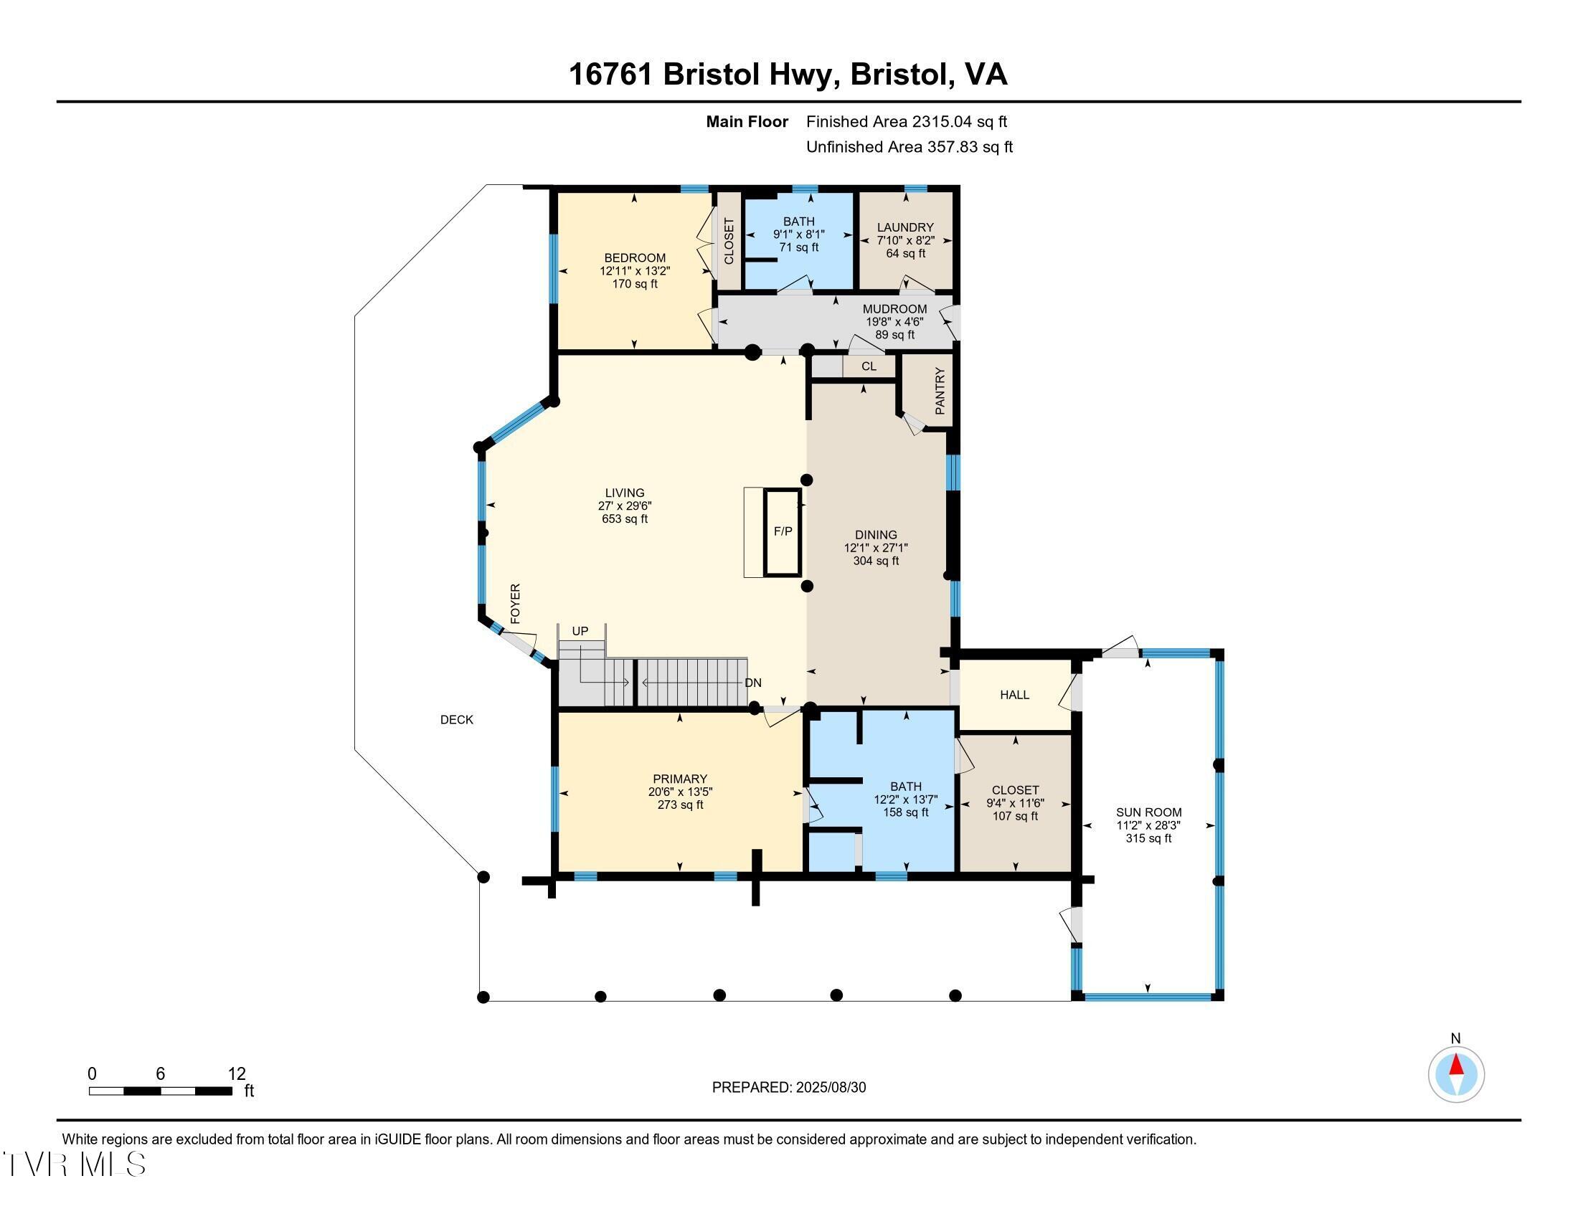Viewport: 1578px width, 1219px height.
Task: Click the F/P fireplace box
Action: pos(783,531)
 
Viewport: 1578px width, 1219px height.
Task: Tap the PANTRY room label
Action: pos(940,391)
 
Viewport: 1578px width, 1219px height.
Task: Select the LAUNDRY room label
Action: pos(904,227)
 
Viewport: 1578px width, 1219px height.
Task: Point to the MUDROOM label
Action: pos(894,308)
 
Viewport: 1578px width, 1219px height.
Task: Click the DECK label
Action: pos(457,719)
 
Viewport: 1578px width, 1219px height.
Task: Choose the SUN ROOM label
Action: pos(1149,812)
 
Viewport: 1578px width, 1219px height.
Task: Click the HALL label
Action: pos(1014,695)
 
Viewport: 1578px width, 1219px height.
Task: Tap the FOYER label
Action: pos(515,604)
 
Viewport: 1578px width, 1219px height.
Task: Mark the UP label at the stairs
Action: pos(580,631)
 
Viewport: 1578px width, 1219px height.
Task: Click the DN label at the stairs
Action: pos(753,683)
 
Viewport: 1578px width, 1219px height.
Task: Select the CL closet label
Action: pos(869,366)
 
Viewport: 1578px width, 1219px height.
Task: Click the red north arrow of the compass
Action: pos(1456,1065)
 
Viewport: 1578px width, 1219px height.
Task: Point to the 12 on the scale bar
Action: pos(237,1073)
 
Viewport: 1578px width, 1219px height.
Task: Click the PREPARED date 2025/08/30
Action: pos(830,1087)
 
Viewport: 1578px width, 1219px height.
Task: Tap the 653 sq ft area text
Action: pos(624,518)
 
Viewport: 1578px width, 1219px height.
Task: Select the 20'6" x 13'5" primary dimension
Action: pos(680,792)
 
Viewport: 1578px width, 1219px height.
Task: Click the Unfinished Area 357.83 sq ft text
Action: pos(909,146)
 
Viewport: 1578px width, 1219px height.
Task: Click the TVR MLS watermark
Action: pos(75,1164)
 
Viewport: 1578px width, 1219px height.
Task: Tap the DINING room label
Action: pos(876,535)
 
